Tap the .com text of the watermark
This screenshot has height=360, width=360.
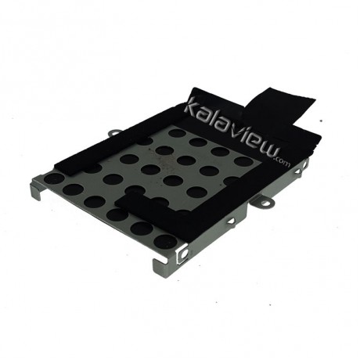(x=283, y=162)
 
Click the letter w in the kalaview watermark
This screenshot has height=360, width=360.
(x=267, y=151)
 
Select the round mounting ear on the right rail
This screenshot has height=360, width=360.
(x=264, y=203)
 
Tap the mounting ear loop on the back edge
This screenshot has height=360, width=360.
(x=115, y=132)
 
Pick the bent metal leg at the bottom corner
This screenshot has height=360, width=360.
(x=159, y=265)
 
